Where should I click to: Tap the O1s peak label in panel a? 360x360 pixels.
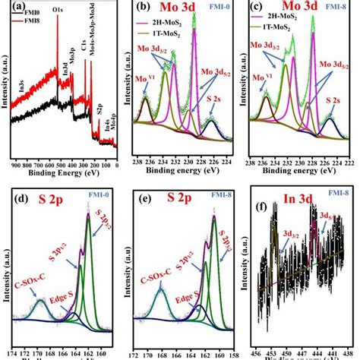coord(58,12)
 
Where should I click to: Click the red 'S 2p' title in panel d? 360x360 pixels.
coord(56,204)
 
